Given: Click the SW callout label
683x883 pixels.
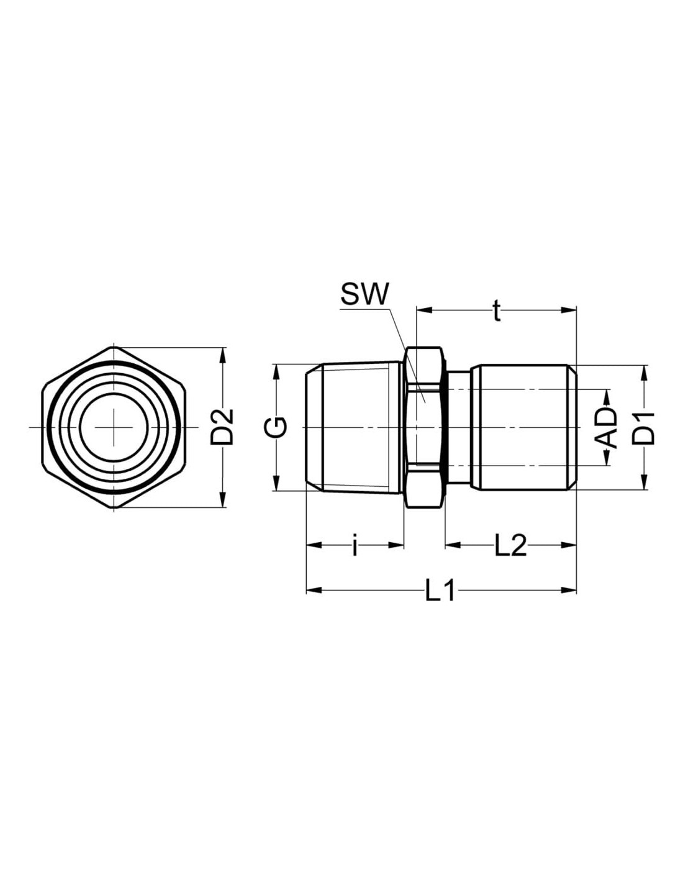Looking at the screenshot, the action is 364,293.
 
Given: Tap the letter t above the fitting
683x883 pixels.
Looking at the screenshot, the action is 495,311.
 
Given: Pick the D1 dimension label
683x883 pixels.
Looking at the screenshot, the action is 644,428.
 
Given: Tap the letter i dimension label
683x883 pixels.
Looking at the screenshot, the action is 355,546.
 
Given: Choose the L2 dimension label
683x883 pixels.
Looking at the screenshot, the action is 510,546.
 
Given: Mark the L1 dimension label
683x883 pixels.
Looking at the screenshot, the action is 440,591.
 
